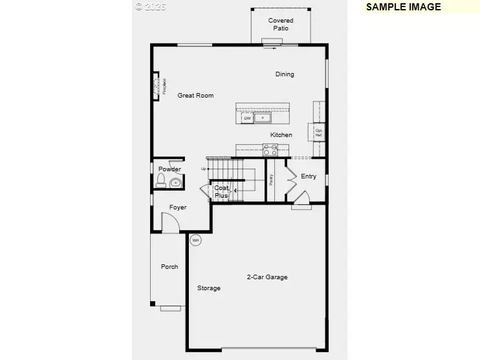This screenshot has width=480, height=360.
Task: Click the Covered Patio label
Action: (x=281, y=25)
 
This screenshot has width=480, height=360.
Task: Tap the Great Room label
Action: (x=195, y=96)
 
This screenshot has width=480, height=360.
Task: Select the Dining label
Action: (x=285, y=74)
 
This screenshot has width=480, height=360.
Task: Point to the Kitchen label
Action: (x=281, y=135)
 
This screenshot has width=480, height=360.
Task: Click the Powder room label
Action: (x=169, y=169)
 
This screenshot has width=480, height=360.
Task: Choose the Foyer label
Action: (x=178, y=207)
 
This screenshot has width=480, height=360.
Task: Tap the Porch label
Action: (x=169, y=267)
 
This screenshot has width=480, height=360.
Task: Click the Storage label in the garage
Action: (x=209, y=288)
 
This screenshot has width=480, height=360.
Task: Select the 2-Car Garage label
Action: (x=267, y=277)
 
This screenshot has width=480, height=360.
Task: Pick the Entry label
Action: (x=309, y=176)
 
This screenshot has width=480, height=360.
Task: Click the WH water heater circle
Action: (x=195, y=240)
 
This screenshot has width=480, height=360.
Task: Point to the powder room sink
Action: (x=175, y=184)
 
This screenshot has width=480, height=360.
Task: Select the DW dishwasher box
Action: (x=247, y=118)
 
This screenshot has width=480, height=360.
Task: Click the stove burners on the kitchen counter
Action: (x=270, y=151)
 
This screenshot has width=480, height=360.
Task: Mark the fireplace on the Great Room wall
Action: (x=157, y=86)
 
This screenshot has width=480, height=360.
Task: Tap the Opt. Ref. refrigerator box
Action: (x=318, y=132)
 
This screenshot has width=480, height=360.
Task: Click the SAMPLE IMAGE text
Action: (x=403, y=7)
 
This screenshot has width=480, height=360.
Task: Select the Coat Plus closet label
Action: (x=221, y=191)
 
